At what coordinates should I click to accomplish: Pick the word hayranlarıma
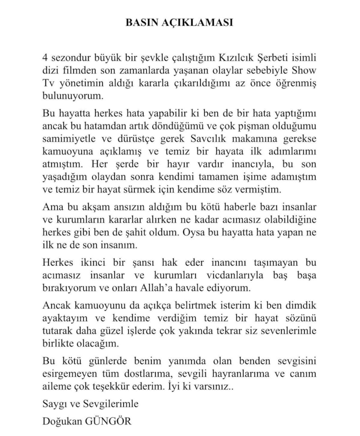[239, 374]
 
